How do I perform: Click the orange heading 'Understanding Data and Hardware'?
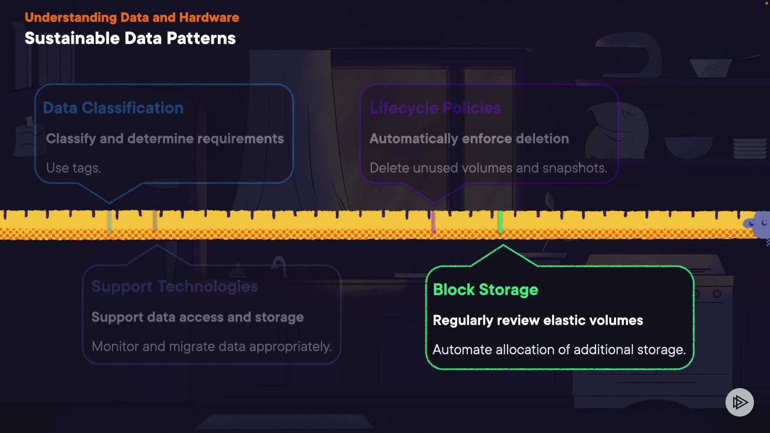click(x=132, y=18)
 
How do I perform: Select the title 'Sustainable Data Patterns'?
click(x=130, y=38)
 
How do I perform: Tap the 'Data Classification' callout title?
click(x=113, y=108)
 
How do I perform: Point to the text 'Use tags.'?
click(x=73, y=168)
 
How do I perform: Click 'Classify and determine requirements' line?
click(x=165, y=139)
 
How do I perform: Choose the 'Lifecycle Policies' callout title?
click(x=435, y=108)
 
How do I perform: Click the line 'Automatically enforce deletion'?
click(x=469, y=139)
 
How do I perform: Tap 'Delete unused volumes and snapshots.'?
click(x=488, y=168)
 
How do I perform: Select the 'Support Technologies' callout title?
click(x=174, y=286)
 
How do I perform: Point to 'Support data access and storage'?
click(x=197, y=317)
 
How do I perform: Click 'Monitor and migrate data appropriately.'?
click(x=211, y=346)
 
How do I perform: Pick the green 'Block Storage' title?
click(x=485, y=289)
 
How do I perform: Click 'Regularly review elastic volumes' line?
click(x=538, y=320)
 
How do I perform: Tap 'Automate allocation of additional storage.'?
click(x=559, y=350)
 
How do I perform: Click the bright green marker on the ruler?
click(x=500, y=222)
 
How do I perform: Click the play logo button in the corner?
click(x=740, y=402)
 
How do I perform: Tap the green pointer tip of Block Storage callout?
click(x=503, y=247)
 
